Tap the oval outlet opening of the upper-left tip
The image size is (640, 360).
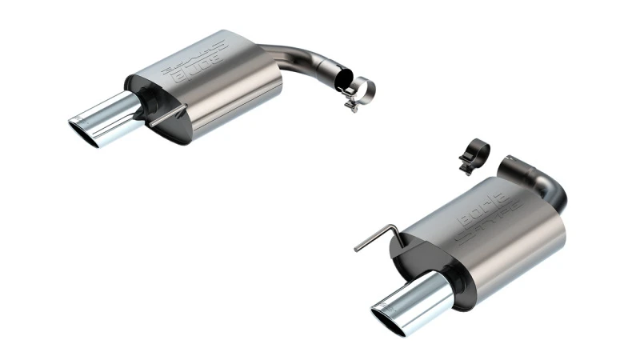[x=82, y=131]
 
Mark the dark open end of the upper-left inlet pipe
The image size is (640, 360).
[x=342, y=79]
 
